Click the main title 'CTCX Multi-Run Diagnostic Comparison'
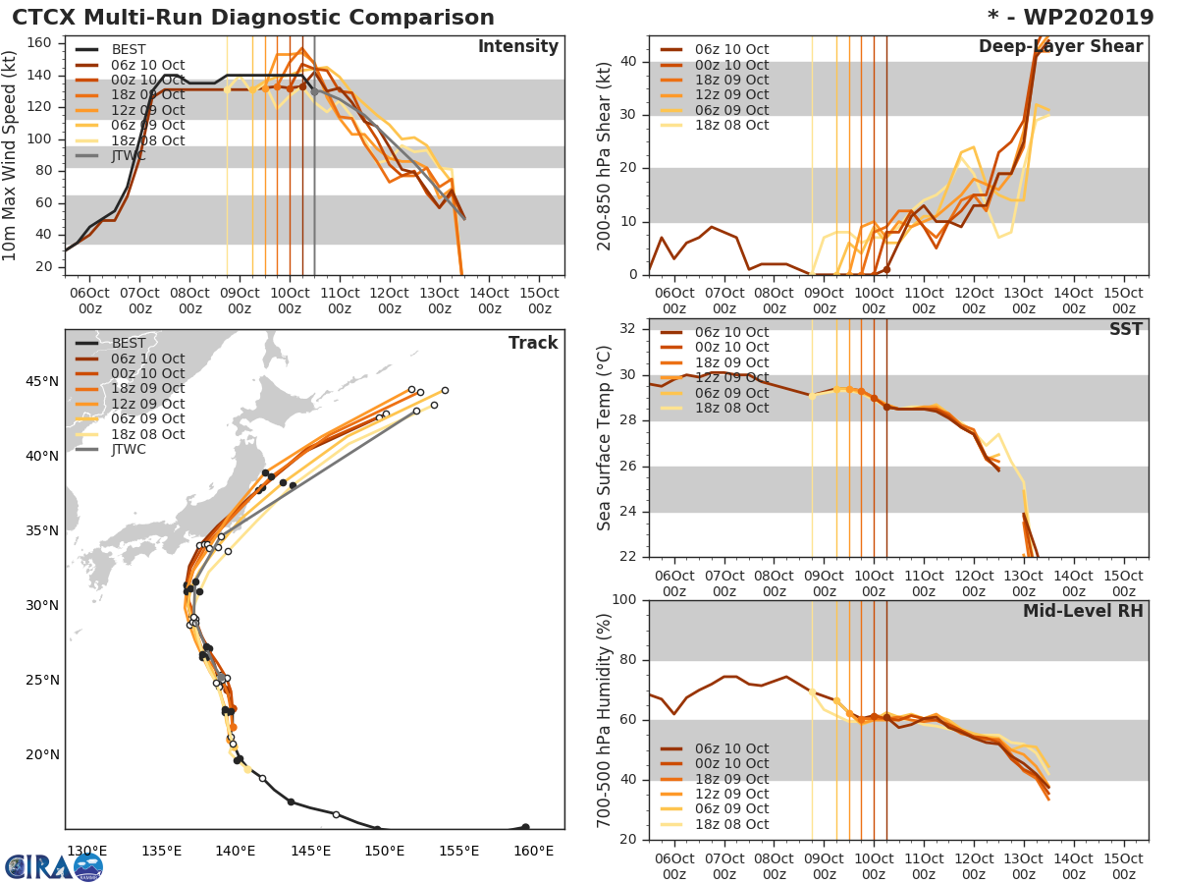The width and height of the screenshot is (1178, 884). (x=253, y=18)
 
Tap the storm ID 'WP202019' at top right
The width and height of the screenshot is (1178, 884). (x=1082, y=18)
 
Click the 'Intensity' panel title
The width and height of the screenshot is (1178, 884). (x=517, y=47)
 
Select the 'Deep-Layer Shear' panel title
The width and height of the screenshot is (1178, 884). (x=1060, y=47)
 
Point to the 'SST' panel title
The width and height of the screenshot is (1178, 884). (x=1125, y=330)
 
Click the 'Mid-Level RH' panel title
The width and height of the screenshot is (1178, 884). (x=1083, y=612)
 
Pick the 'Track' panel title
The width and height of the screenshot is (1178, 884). (x=533, y=343)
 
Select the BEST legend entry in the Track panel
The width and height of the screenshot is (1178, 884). (x=128, y=343)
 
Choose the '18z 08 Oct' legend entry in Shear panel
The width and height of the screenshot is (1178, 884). (x=731, y=126)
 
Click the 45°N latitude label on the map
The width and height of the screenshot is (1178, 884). (x=41, y=381)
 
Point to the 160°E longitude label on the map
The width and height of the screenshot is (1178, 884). (x=533, y=851)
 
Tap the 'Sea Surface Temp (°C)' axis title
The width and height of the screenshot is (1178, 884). (x=605, y=438)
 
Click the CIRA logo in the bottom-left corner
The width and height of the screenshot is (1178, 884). (x=53, y=866)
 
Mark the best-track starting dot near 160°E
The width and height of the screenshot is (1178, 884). (x=525, y=827)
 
